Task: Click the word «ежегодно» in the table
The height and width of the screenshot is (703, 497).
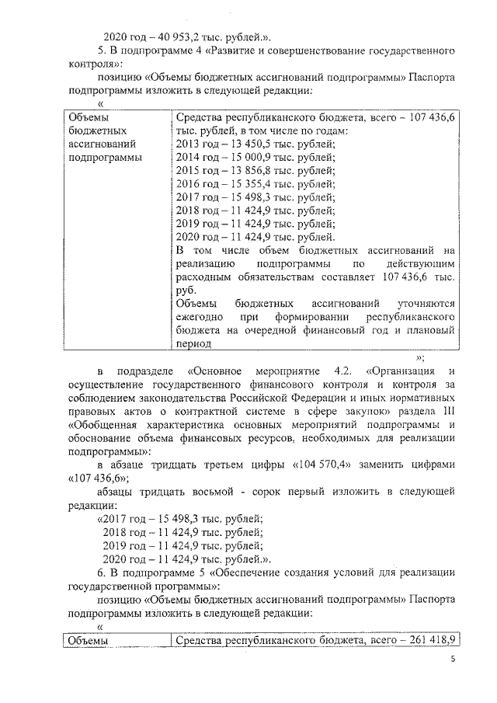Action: click(200, 318)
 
